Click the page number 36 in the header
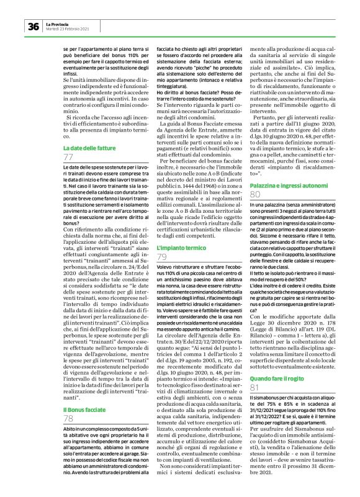32,26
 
